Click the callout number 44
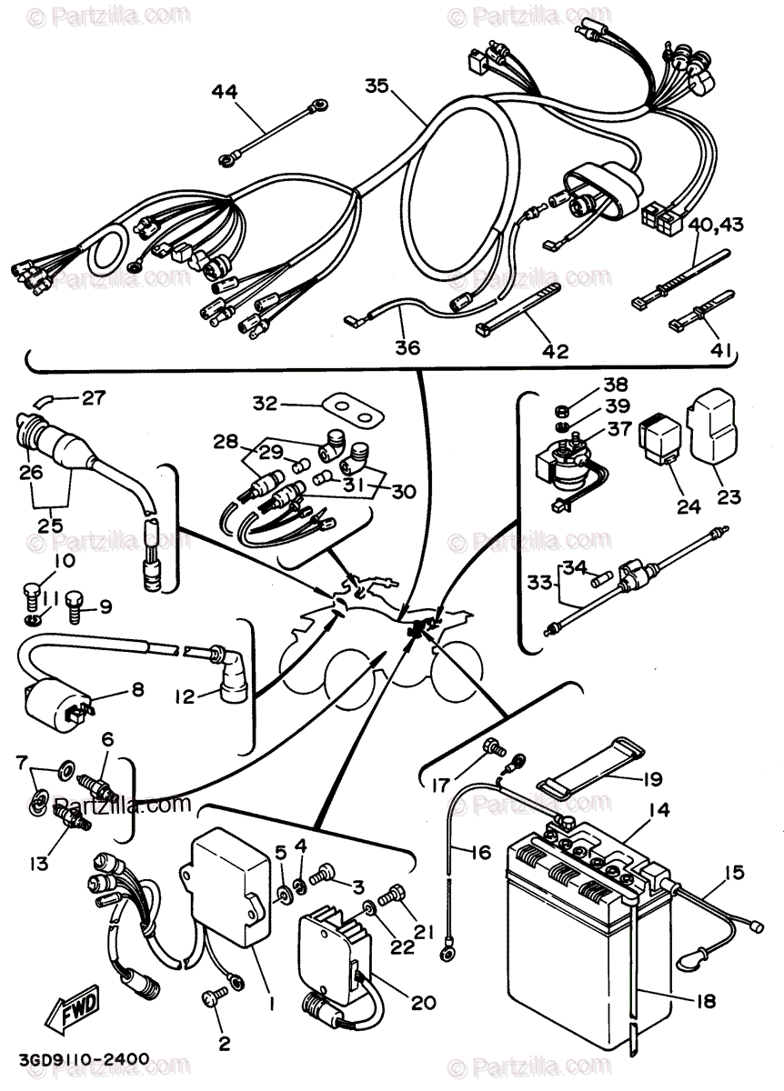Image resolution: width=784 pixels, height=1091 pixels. tap(225, 91)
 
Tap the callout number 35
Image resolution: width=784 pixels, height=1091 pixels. tap(377, 86)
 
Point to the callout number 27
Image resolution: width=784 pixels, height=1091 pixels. tap(93, 397)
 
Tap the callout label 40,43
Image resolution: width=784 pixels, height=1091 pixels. tap(714, 224)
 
